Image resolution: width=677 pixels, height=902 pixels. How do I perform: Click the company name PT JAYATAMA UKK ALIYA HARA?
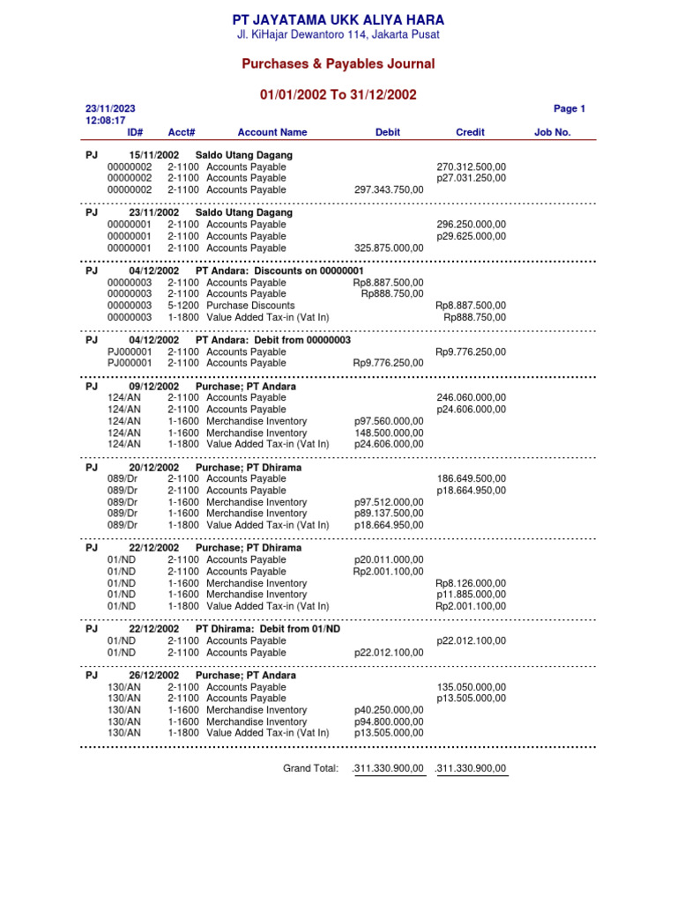click(338, 19)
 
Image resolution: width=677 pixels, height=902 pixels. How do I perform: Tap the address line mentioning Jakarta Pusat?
click(338, 34)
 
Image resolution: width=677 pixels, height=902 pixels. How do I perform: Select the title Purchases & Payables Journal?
click(338, 64)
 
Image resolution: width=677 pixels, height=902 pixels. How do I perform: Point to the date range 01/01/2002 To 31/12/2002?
click(338, 94)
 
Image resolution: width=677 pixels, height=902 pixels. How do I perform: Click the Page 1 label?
click(569, 109)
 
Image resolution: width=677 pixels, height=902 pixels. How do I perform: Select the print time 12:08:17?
click(105, 121)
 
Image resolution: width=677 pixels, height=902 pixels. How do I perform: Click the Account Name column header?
click(272, 132)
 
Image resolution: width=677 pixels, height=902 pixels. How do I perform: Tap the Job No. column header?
click(553, 132)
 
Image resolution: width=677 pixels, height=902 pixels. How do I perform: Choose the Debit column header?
click(387, 132)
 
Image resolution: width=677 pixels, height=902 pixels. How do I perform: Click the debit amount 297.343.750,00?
click(389, 189)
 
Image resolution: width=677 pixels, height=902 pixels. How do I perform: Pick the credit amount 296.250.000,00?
click(471, 225)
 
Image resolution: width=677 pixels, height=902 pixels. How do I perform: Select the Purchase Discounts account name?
click(246, 306)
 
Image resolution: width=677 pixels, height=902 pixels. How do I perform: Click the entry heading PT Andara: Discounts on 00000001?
click(279, 270)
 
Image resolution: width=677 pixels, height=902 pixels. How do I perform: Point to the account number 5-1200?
click(183, 306)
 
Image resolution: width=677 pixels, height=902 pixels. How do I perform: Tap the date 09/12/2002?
click(153, 387)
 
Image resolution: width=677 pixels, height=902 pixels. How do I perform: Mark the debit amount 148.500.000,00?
click(389, 433)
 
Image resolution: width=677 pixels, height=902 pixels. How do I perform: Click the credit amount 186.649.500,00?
click(471, 479)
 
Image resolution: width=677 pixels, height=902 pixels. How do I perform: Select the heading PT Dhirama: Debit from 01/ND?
click(268, 629)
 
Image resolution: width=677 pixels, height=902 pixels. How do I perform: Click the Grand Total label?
click(310, 769)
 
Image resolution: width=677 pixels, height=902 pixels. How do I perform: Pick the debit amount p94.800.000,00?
click(389, 721)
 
